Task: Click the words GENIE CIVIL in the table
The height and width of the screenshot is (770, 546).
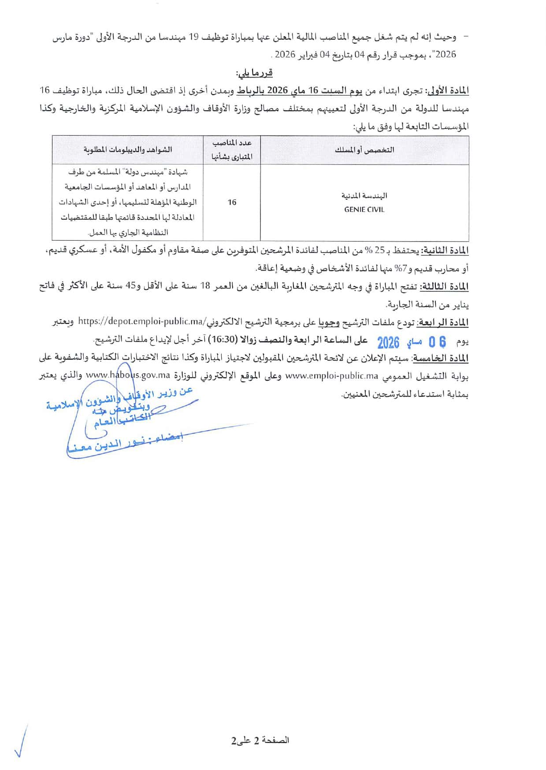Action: (364, 210)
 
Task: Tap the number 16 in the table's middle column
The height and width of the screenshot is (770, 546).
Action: (232, 202)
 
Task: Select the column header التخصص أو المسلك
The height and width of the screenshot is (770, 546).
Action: (364, 150)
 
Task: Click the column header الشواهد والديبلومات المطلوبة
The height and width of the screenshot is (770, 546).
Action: (127, 150)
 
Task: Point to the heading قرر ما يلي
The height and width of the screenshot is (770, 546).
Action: (254, 72)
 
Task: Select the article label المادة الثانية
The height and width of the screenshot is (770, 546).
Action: (445, 251)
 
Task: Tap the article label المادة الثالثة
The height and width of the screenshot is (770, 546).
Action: (445, 287)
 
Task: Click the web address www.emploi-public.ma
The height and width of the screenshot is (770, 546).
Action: (332, 376)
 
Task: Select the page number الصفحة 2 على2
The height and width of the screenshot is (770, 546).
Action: (260, 740)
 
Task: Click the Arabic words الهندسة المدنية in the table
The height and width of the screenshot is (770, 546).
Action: (364, 196)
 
